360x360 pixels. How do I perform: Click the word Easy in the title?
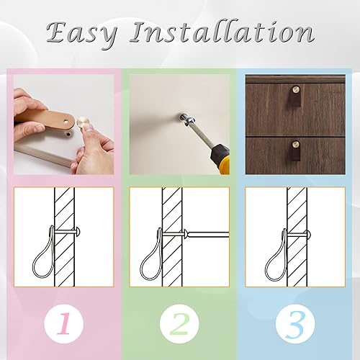[82, 33]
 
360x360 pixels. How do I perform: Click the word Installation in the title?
[222, 32]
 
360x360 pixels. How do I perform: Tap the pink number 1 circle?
[64, 324]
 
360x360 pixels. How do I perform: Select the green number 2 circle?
[179, 324]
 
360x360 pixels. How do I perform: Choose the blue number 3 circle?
[295, 324]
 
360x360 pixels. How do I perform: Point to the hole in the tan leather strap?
[66, 122]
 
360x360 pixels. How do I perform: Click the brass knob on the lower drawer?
[296, 144]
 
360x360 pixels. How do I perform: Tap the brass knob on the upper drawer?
[295, 89]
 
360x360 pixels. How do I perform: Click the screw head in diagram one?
[78, 232]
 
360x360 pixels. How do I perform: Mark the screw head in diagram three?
[309, 234]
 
